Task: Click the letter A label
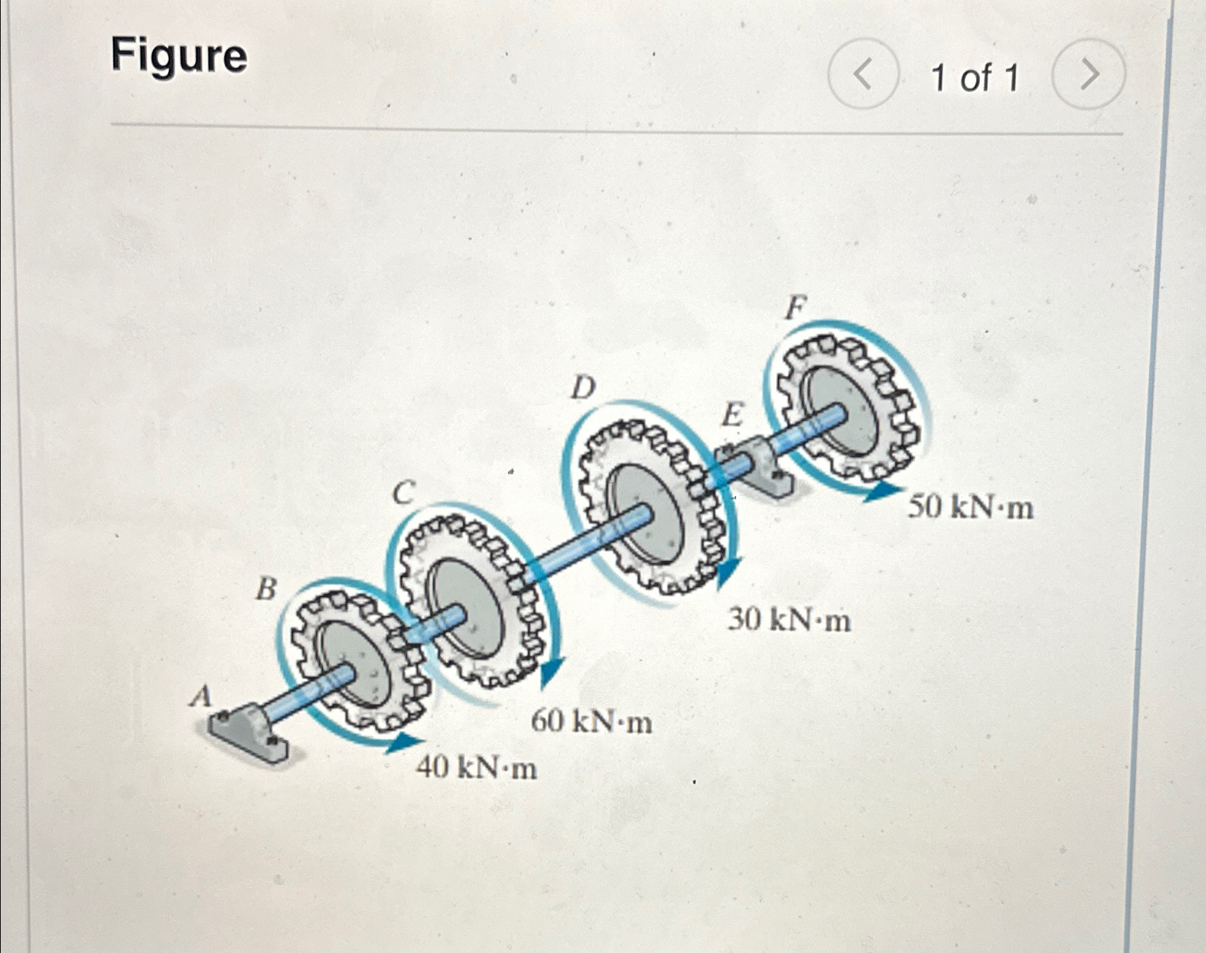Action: (201, 697)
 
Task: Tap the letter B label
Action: (267, 589)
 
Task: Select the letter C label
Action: (404, 494)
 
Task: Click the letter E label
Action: (732, 416)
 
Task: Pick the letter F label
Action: (795, 308)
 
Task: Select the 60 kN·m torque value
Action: (592, 721)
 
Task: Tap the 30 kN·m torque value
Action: (789, 619)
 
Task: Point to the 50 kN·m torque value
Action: (970, 508)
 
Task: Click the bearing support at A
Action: (248, 733)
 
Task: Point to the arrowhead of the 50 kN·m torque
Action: (882, 492)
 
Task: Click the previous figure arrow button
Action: (863, 74)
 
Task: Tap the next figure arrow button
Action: (1088, 74)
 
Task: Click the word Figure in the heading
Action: (179, 56)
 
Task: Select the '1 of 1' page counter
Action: (975, 77)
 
